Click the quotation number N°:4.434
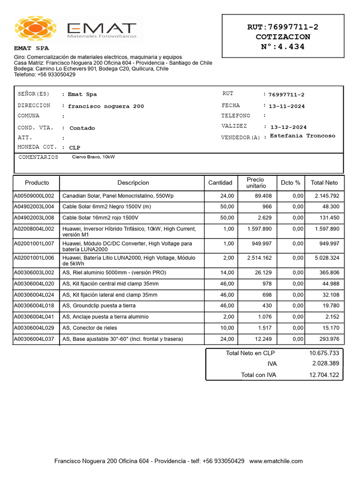(283, 46)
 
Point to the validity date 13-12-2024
(289, 127)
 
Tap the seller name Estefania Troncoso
(303, 136)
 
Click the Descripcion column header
(133, 183)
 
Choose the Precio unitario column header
(256, 183)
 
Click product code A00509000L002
(34, 195)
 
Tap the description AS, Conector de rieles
(90, 328)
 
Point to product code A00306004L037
(34, 339)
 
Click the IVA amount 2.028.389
(325, 364)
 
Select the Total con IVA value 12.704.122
(324, 375)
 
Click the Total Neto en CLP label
(251, 353)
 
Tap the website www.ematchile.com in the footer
(276, 461)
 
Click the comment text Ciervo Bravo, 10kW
(93, 157)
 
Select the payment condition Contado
(82, 128)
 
